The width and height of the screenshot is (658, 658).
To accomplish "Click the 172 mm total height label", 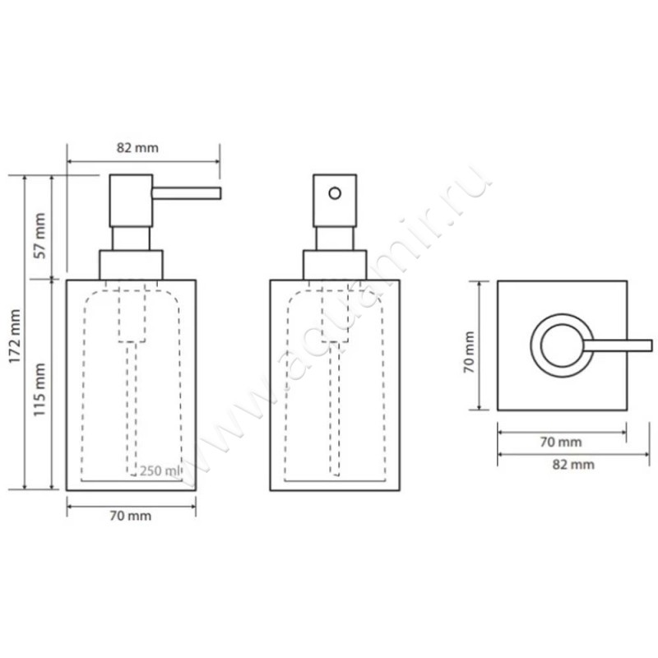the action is tap(15, 336).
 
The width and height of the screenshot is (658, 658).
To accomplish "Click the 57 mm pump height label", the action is tap(39, 236).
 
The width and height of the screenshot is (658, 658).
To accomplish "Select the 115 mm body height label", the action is tap(39, 390).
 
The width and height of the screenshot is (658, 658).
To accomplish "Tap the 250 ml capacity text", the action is tap(159, 470).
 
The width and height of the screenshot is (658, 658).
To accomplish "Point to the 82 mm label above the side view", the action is tap(137, 148).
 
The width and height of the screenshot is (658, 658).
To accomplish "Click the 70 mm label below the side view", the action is tap(131, 516).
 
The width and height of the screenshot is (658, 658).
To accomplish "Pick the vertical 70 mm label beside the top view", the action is tap(469, 352).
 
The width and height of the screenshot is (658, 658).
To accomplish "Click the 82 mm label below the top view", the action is tap(573, 465).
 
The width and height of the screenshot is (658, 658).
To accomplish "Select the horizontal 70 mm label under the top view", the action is tap(561, 442).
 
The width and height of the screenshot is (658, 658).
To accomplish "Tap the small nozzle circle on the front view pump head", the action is tap(335, 193).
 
